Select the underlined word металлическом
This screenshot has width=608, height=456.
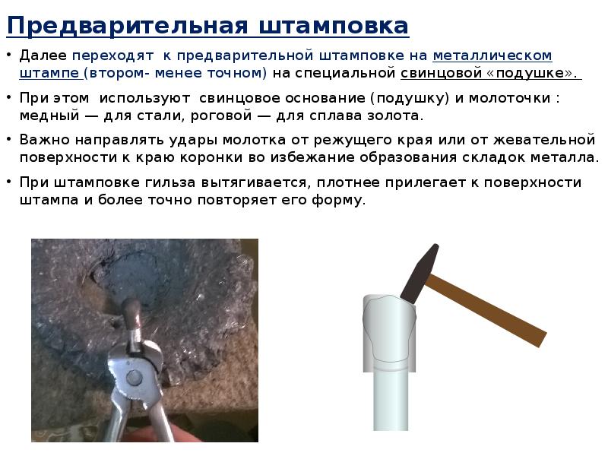click(492, 56)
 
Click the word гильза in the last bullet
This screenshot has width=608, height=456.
click(178, 183)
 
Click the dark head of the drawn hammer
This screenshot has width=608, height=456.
click(417, 272)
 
